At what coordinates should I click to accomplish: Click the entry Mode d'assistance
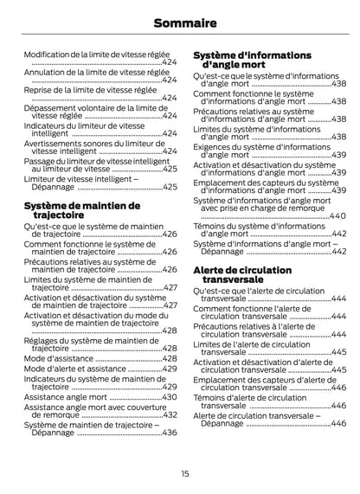tap(59, 358)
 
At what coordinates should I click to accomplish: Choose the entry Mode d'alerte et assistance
tap(77, 369)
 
